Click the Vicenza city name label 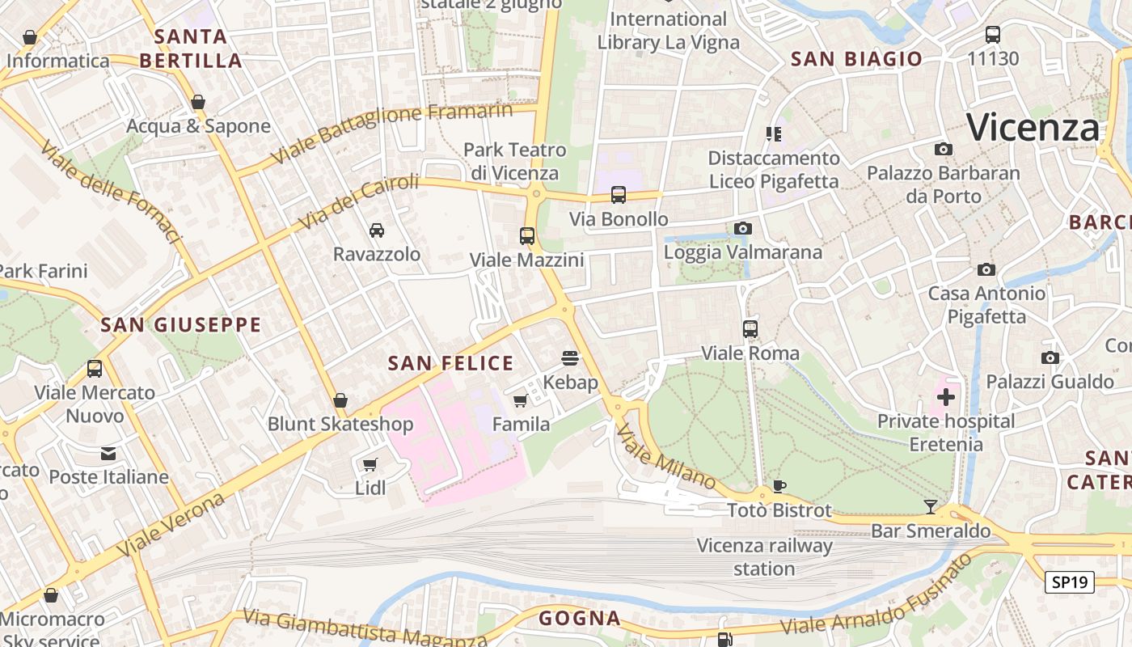(x=1033, y=128)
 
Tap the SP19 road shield (x=1069, y=582)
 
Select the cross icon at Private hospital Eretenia (x=945, y=397)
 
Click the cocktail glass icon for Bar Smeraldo (x=931, y=507)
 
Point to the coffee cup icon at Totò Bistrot (x=779, y=486)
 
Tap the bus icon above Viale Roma (x=750, y=329)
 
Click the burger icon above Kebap (x=570, y=358)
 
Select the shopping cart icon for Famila (x=521, y=401)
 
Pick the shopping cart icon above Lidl (x=370, y=464)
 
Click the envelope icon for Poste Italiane (x=108, y=454)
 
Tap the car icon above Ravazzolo (x=377, y=230)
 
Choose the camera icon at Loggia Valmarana (x=742, y=229)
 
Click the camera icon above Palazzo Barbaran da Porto (x=943, y=150)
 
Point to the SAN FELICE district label (x=450, y=364)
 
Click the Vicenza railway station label (x=764, y=557)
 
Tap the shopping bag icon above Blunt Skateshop (x=340, y=400)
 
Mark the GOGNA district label (x=580, y=619)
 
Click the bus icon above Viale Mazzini (x=527, y=236)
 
